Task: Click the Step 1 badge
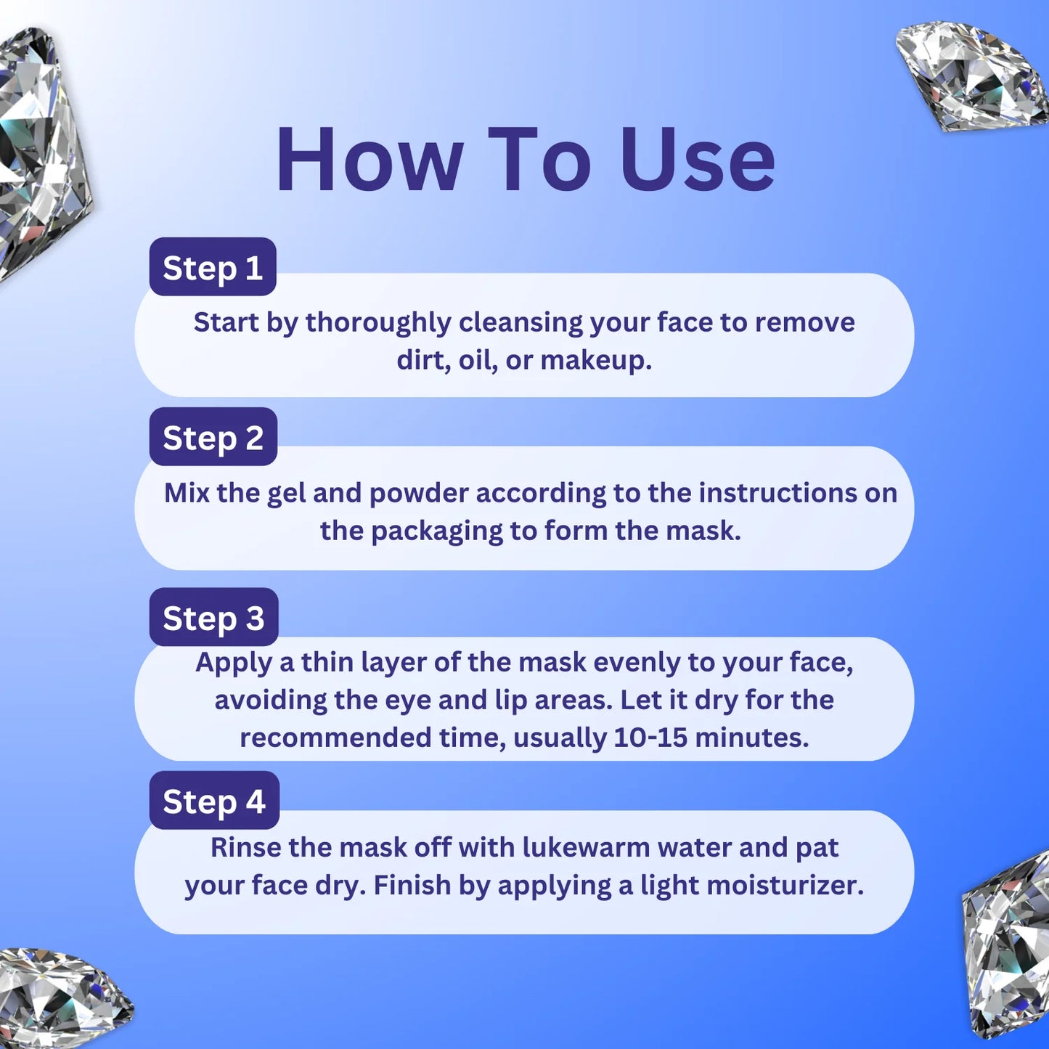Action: pos(213,266)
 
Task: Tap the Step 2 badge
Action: pos(213,436)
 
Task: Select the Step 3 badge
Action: pos(214,617)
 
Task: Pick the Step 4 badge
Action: pos(214,800)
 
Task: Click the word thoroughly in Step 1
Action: pos(378,323)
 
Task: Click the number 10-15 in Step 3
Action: pos(650,738)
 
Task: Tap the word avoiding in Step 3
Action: pos(270,700)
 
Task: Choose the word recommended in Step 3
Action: pos(335,738)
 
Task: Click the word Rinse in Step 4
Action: pos(245,848)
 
